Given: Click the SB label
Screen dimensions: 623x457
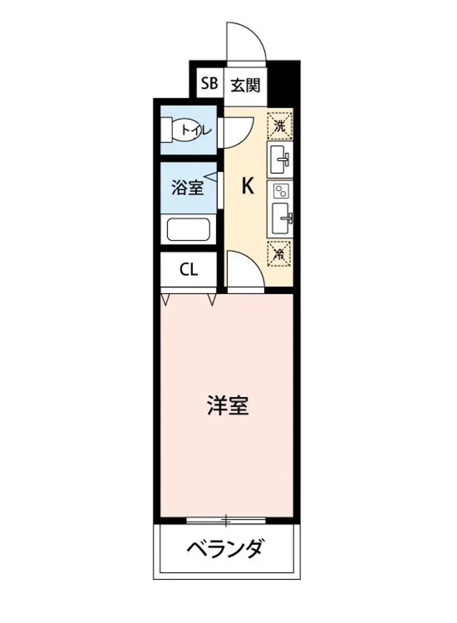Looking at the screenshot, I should tap(209, 84).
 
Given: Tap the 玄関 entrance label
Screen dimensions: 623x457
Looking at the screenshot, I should tap(245, 84).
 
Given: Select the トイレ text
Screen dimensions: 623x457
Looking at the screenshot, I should tap(196, 130).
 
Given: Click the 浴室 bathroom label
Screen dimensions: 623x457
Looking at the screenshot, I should tap(187, 187).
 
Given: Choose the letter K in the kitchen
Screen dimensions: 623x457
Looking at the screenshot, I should tap(248, 186).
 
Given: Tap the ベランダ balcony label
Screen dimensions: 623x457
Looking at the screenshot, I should tap(226, 548).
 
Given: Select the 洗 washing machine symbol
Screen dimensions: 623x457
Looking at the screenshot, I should tap(280, 126).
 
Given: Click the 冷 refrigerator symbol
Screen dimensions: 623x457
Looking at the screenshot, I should tap(280, 253).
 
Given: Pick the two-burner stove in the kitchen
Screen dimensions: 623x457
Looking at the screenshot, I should tap(280, 191).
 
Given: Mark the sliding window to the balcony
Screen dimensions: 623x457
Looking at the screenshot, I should tap(226, 519).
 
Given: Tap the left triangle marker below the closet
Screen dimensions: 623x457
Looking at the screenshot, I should tap(166, 299).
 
